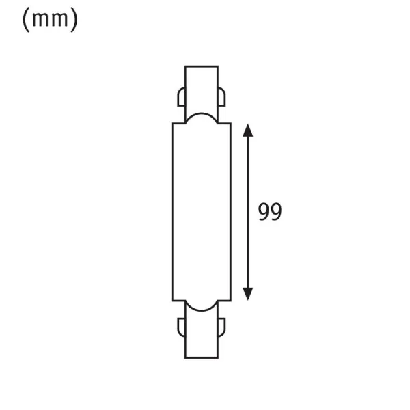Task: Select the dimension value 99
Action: (270, 211)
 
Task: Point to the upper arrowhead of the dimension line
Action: (249, 131)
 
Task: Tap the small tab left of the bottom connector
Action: (181, 325)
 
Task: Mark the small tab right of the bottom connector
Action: (223, 325)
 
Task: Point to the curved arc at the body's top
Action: (202, 115)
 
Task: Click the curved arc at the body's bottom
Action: (202, 309)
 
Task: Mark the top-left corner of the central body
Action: (172, 124)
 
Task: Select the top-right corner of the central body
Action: (232, 124)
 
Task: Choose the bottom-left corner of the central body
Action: (172, 299)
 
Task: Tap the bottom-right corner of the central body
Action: (232, 299)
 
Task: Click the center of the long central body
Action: (202, 212)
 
